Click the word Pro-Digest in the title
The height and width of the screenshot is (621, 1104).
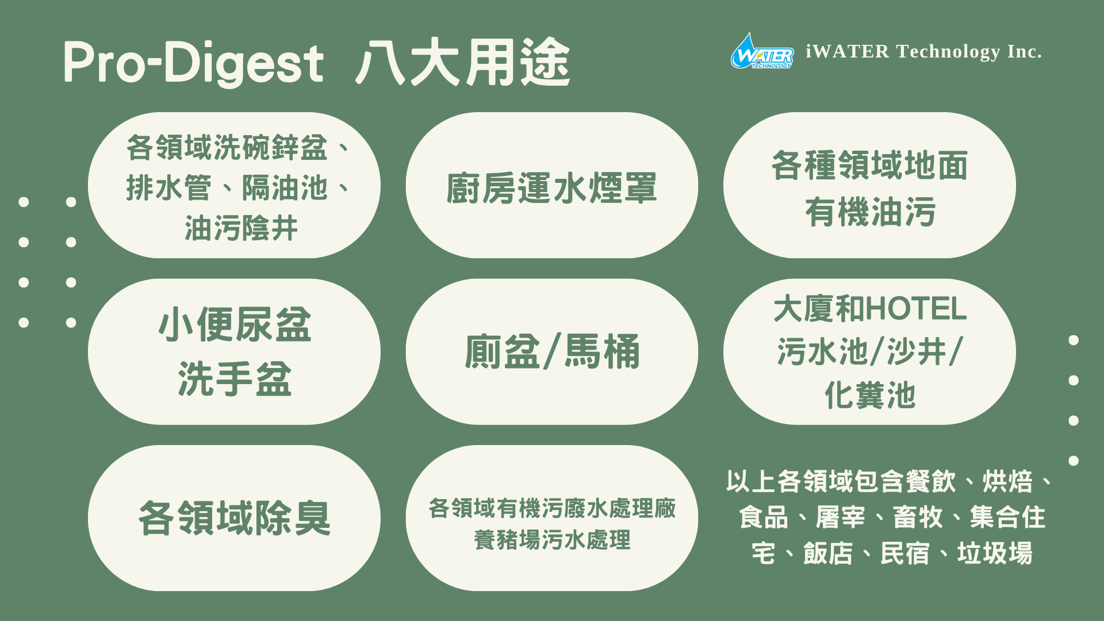point(194,63)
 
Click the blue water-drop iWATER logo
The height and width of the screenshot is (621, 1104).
point(762,51)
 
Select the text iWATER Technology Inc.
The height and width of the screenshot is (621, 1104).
point(923,52)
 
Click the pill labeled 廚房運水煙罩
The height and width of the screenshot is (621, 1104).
point(552,185)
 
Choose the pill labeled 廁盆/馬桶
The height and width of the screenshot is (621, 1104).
point(552,352)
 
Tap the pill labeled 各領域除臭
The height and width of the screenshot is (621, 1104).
point(234,518)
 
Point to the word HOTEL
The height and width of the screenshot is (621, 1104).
point(917,309)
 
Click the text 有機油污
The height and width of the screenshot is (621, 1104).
point(870,212)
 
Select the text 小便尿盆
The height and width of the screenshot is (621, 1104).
point(235,325)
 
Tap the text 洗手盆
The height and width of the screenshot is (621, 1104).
point(235,379)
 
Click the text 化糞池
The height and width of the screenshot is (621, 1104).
point(870,395)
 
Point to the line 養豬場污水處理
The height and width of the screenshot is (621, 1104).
point(552,540)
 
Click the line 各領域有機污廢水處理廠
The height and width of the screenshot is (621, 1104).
point(552,508)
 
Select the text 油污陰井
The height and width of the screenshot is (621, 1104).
point(241,228)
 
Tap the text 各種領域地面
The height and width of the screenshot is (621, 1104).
point(870,166)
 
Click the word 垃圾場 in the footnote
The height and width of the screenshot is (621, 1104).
point(995,553)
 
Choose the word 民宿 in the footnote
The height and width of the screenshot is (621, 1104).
point(905,553)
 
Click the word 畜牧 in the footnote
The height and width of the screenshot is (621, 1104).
point(918,517)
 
